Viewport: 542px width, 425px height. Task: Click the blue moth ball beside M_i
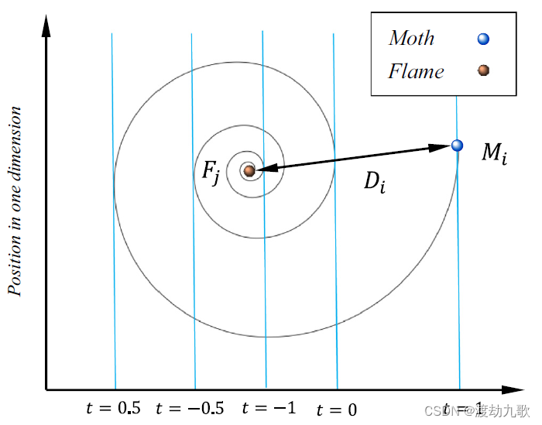[457, 145]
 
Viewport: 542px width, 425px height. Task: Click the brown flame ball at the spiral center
[249, 170]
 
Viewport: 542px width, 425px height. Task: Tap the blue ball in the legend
[483, 39]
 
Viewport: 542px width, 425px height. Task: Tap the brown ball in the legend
[483, 70]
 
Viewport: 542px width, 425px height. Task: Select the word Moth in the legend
[411, 38]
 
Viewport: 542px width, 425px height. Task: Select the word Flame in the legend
[416, 72]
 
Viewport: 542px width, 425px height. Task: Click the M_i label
[495, 153]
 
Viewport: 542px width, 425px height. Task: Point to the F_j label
[211, 171]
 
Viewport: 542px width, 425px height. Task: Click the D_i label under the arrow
[374, 182]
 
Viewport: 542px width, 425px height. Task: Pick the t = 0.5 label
[115, 408]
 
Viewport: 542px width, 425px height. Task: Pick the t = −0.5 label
[190, 408]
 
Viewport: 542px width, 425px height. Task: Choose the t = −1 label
[269, 407]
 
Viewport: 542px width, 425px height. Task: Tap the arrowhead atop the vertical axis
[46, 26]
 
